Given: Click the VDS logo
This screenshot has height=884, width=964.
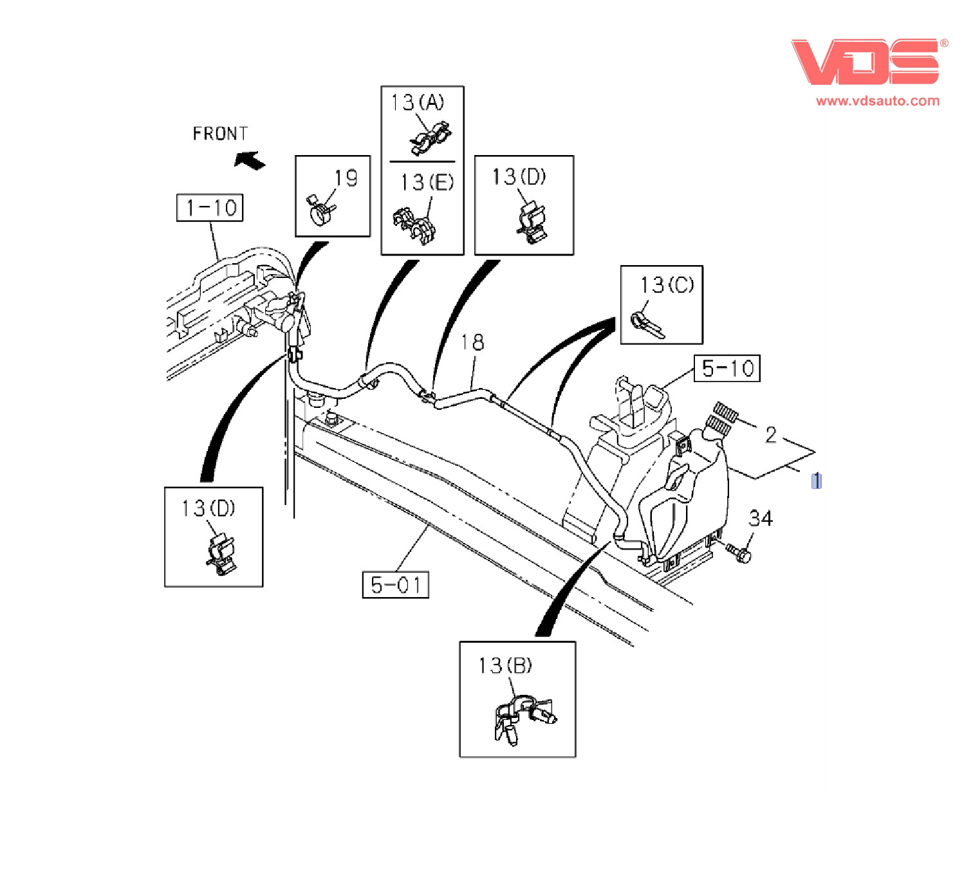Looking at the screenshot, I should coord(866,62).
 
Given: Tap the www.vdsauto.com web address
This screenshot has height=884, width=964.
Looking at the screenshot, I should coord(877,101).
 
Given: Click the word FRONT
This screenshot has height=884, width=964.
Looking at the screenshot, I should coord(220,134).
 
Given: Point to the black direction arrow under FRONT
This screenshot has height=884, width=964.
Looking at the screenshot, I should coord(250,160).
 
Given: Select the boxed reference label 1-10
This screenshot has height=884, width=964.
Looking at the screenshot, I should coord(210,208).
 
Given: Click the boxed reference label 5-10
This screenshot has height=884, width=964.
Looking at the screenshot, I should coord(727,369).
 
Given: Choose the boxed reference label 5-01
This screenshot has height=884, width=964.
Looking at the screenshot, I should coord(395,585).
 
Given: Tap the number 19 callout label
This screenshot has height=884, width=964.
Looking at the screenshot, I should coord(346,178).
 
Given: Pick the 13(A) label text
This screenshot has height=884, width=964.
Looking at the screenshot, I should coord(418,102).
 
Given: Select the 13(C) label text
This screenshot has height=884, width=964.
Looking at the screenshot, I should coord(667,284).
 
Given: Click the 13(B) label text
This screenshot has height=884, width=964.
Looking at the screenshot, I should coord(505,665).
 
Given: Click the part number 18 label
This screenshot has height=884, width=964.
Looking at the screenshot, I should coord(472,342).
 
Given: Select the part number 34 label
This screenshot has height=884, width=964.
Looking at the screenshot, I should coord(761,519).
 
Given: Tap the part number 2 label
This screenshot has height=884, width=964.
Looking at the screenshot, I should coord(770,435).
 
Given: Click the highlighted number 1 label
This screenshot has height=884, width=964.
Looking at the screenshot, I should coord(816,481).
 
